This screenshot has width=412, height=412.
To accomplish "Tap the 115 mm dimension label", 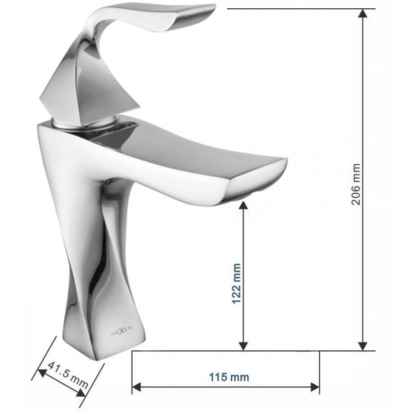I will pyautogui.click(x=230, y=377).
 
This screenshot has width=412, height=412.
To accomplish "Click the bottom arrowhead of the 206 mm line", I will pyautogui.click(x=364, y=346).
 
